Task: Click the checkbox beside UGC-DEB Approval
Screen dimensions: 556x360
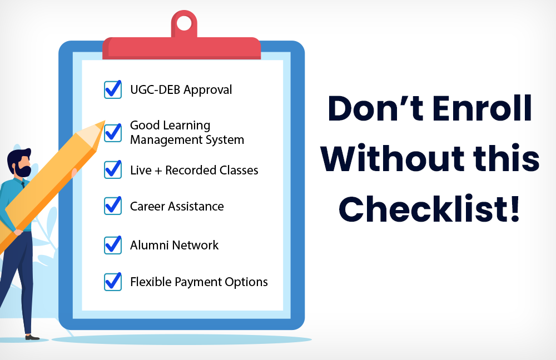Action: click(x=113, y=89)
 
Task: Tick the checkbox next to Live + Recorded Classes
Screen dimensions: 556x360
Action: click(x=113, y=170)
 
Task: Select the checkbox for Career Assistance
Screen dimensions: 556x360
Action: click(x=113, y=206)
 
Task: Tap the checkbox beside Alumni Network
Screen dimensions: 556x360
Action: click(x=113, y=245)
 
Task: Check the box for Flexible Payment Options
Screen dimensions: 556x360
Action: click(x=113, y=282)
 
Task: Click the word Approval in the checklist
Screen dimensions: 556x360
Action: click(x=208, y=91)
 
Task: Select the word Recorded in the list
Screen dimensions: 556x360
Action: click(x=190, y=171)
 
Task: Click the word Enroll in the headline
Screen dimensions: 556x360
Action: click(x=482, y=108)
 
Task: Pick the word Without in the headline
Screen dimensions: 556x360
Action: click(x=392, y=158)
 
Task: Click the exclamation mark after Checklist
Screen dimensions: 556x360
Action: click(x=514, y=208)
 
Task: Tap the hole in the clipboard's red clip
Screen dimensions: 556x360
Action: click(x=183, y=24)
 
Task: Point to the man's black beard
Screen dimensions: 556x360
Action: click(x=23, y=170)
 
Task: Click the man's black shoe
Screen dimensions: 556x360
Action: click(x=32, y=337)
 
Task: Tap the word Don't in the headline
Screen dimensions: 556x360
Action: click(x=375, y=108)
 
